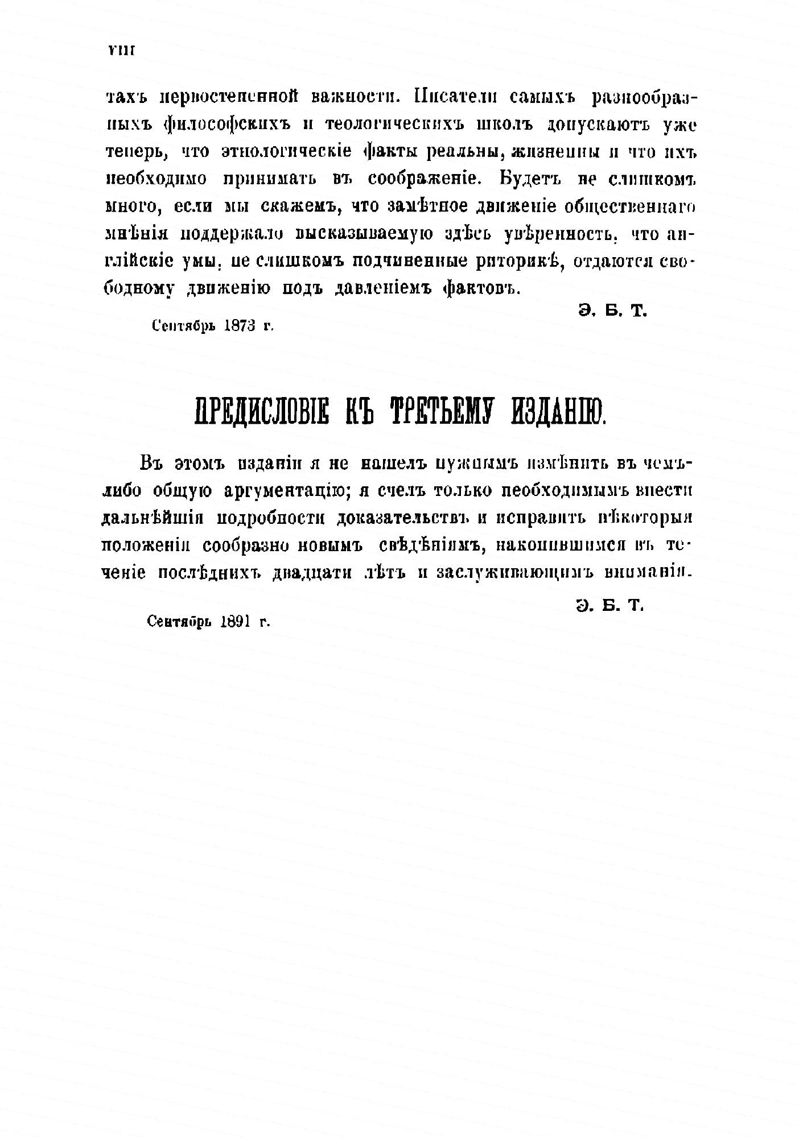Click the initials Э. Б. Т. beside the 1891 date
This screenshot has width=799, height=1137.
tap(609, 606)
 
